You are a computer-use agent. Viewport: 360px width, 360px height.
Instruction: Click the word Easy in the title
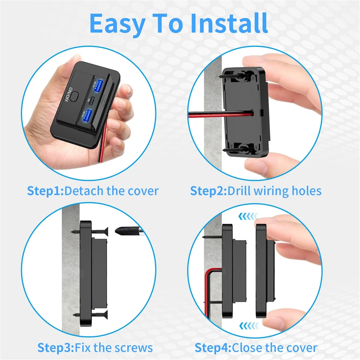(117, 24)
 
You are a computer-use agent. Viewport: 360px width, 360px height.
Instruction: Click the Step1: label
(45, 191)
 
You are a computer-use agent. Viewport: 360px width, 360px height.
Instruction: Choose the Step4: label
(213, 348)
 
